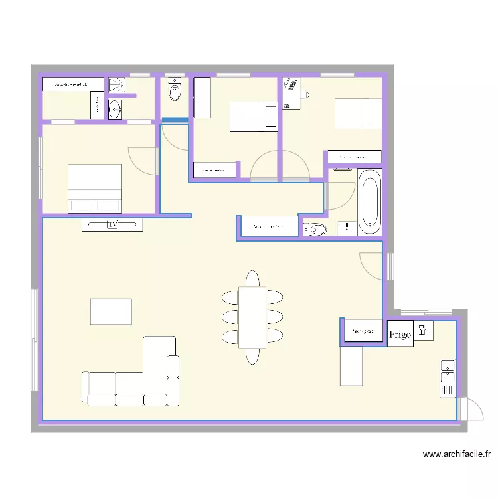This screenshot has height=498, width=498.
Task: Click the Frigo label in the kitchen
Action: pyautogui.click(x=400, y=333)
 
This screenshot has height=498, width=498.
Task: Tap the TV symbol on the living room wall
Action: pyautogui.click(x=112, y=225)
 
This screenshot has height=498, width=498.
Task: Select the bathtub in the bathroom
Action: pyautogui.click(x=369, y=201)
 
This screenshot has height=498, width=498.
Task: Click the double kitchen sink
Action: pyautogui.click(x=448, y=378)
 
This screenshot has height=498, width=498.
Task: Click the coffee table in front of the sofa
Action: pyautogui.click(x=111, y=311)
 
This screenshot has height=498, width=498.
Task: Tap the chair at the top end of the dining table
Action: pyautogui.click(x=252, y=278)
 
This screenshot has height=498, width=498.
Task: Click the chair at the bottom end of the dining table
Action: pyautogui.click(x=252, y=356)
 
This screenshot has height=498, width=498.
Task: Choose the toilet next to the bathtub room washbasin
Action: pyautogui.click(x=316, y=230)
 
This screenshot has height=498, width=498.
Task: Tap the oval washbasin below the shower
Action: pyautogui.click(x=114, y=109)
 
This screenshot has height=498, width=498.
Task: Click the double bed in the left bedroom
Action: pyautogui.click(x=95, y=188)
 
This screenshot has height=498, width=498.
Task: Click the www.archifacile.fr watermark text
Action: pyautogui.click(x=457, y=455)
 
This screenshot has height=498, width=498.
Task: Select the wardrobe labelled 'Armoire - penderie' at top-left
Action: pyautogui.click(x=73, y=84)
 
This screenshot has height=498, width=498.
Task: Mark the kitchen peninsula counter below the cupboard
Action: pyautogui.click(x=351, y=366)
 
